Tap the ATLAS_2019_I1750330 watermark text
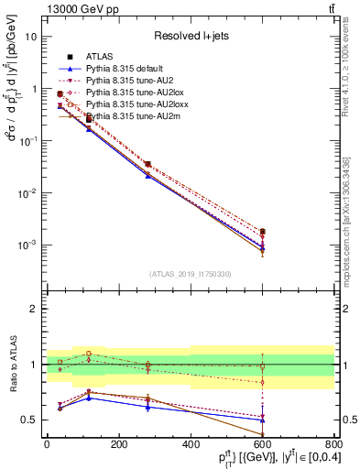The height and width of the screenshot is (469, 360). (190, 274)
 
